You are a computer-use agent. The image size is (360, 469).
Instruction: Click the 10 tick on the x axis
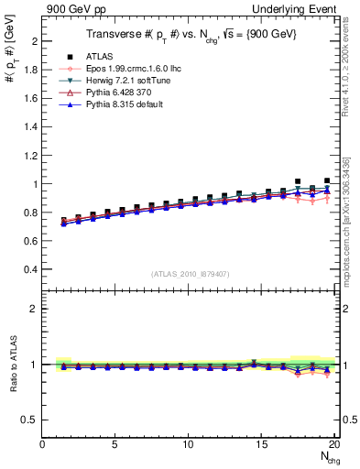(188, 444)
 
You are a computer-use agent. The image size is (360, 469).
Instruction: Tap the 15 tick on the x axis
(261, 444)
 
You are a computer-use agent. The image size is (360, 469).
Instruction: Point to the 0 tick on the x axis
(42, 444)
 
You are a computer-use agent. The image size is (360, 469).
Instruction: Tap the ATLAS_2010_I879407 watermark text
(189, 274)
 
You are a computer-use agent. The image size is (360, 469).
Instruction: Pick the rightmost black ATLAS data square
(327, 181)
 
